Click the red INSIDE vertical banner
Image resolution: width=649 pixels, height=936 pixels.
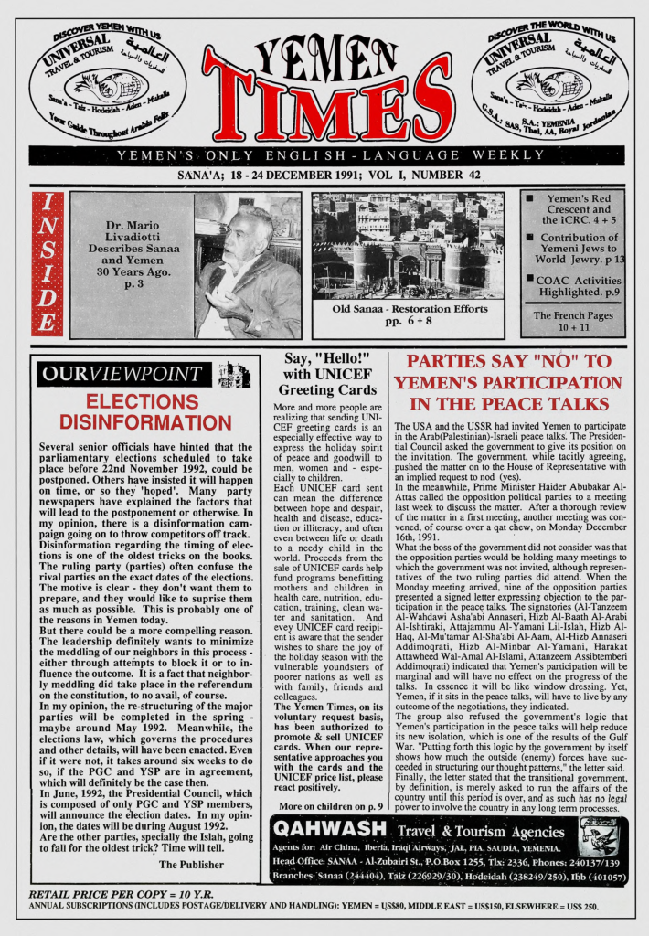(x=47, y=263)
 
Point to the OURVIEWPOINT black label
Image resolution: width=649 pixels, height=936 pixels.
(x=124, y=373)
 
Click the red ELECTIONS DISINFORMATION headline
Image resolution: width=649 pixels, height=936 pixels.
(x=145, y=412)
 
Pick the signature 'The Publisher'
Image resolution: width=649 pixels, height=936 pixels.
(x=191, y=864)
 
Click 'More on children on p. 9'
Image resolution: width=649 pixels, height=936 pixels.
(x=329, y=806)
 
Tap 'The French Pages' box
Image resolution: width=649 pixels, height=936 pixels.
(x=573, y=321)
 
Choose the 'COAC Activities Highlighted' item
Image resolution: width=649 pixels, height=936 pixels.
(x=578, y=286)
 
